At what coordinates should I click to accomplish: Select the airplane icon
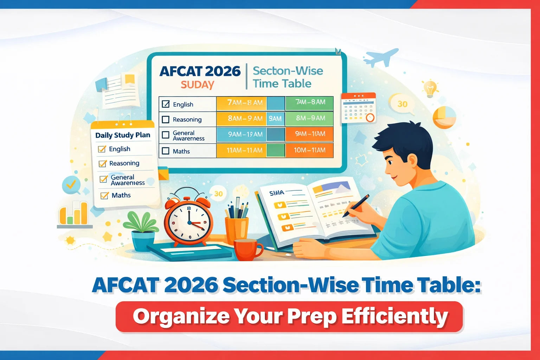(381, 57)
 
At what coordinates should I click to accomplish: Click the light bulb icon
(430, 88)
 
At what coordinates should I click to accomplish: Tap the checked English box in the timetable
(166, 104)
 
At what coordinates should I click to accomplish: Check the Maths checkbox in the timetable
(166, 151)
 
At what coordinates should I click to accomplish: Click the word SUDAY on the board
(197, 85)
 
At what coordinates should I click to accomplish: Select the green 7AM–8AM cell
(309, 102)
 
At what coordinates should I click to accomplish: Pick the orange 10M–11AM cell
(309, 150)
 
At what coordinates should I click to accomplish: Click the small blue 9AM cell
(275, 119)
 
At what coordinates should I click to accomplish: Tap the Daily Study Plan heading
(123, 135)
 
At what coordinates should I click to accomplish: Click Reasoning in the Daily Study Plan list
(124, 163)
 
